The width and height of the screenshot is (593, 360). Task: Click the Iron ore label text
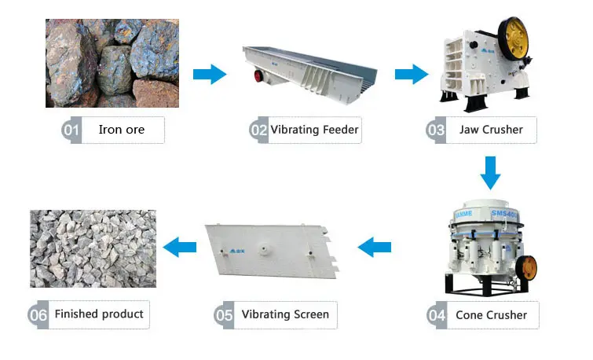[121, 130]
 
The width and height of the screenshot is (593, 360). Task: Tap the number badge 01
[71, 130]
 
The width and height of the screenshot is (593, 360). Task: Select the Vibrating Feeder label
[314, 130]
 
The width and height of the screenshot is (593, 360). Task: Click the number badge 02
[259, 130]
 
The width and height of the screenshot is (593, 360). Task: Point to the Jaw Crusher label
[490, 130]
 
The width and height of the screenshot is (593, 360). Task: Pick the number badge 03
[437, 130]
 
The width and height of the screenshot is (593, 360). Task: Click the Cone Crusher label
[491, 315]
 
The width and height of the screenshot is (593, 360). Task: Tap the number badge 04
[437, 315]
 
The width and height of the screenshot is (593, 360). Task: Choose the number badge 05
[225, 315]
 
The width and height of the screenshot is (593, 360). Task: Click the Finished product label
[99, 314]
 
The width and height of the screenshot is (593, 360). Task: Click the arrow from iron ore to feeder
[209, 75]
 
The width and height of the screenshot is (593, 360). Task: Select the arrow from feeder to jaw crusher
[411, 75]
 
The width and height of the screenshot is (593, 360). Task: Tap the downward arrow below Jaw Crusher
[490, 172]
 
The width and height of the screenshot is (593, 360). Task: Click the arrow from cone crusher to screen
[375, 248]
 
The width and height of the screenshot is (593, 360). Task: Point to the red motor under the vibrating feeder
[258, 76]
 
